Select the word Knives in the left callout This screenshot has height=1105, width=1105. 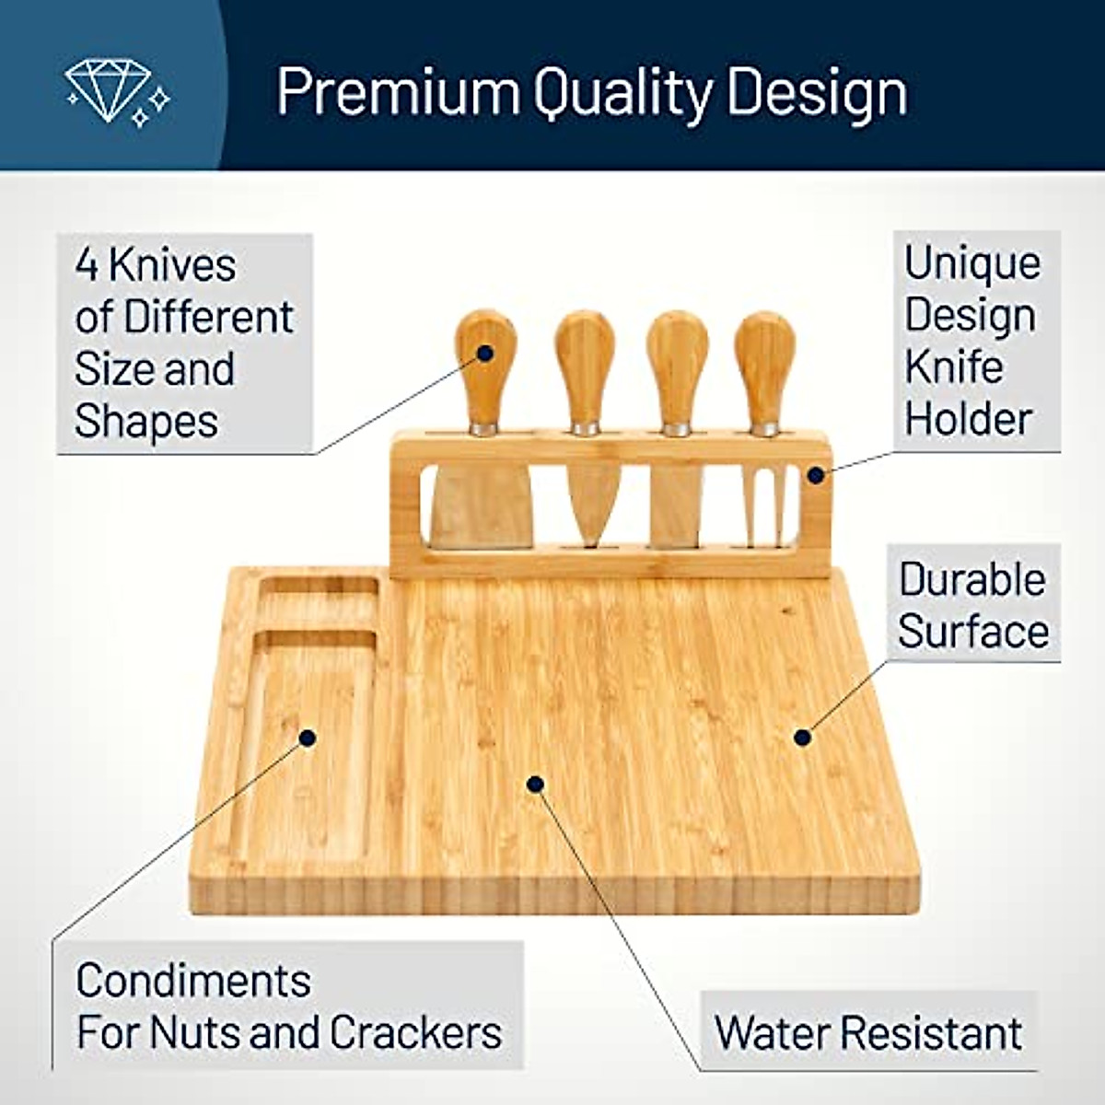tap(171, 265)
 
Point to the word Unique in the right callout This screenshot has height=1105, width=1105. tap(971, 263)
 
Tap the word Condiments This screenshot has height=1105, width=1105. tap(193, 981)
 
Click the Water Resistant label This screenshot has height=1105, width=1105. tap(867, 1033)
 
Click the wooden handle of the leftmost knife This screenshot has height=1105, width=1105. tap(483, 364)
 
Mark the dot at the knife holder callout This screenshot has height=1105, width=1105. tap(815, 475)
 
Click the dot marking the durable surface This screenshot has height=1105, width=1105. tap(802, 737)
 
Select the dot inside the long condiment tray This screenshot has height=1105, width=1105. tap(308, 738)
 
